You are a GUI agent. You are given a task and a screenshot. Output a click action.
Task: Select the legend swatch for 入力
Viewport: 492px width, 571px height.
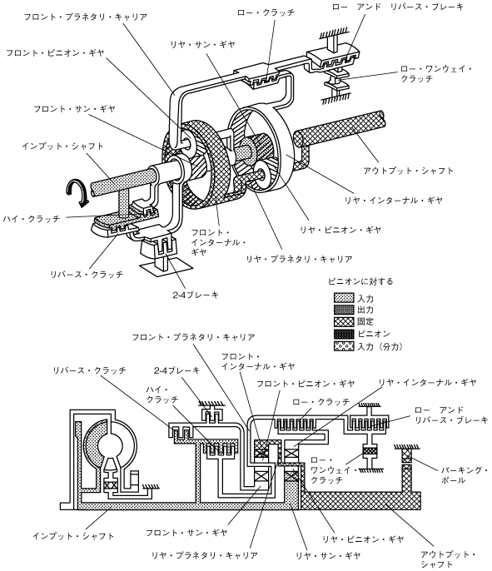point(344,298)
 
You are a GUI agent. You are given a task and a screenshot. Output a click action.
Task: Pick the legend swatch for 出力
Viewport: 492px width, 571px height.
point(344,310)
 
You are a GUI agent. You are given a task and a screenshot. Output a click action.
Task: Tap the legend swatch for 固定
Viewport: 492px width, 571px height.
point(344,321)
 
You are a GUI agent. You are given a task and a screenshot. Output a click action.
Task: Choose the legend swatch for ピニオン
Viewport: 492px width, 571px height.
point(344,334)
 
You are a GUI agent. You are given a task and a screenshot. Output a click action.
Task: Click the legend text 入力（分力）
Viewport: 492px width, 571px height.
point(380,346)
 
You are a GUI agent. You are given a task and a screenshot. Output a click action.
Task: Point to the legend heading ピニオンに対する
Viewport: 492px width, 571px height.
point(360,281)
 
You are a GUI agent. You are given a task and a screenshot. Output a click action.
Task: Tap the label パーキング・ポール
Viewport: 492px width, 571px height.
point(465,474)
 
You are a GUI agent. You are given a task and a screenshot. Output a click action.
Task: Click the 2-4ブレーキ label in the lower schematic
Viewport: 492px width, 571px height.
point(176,370)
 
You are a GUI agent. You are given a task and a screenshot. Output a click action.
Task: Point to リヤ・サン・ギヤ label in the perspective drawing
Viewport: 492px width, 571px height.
point(202,44)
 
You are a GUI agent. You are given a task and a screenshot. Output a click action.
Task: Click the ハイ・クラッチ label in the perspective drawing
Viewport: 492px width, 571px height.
point(32,219)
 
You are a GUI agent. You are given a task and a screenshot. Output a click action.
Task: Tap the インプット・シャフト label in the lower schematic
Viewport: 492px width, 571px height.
point(73,536)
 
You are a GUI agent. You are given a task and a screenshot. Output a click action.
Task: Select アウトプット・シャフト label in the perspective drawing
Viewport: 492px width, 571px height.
point(408,171)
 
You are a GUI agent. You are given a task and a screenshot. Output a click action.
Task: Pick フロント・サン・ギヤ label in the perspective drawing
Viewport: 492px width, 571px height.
point(74,108)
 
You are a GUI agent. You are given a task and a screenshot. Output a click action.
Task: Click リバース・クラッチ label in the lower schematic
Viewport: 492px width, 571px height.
point(89,370)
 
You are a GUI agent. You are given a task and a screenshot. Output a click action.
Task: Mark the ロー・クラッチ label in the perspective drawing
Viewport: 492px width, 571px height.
point(266,12)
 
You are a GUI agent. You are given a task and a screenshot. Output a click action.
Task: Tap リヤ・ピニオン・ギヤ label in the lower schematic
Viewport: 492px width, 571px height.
point(363,539)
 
